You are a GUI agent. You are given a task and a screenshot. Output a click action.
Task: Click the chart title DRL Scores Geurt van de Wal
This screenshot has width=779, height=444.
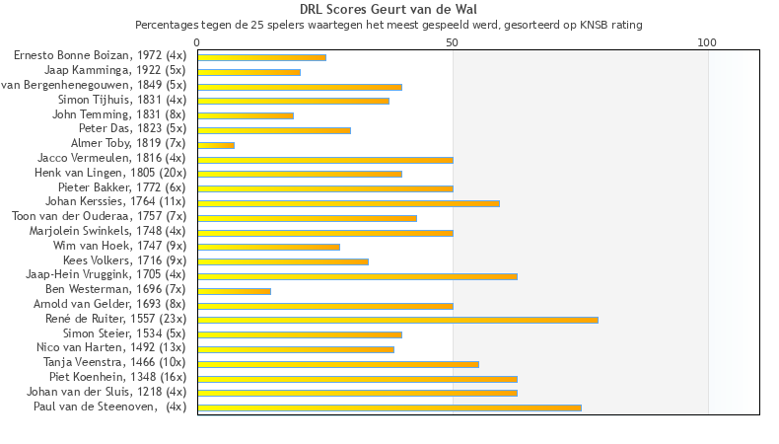click(x=389, y=10)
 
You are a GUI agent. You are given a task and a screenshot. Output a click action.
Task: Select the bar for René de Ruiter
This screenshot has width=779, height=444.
click(x=397, y=320)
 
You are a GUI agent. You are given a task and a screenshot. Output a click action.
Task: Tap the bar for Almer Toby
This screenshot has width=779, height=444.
click(x=216, y=145)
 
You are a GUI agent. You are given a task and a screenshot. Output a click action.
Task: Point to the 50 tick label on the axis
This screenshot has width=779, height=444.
click(x=453, y=43)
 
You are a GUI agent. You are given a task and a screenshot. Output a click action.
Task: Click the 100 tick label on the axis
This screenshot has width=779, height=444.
click(x=707, y=43)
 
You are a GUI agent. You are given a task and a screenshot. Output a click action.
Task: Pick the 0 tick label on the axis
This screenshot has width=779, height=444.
click(x=197, y=43)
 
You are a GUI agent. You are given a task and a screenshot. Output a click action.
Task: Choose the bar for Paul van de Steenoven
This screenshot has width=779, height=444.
click(x=389, y=407)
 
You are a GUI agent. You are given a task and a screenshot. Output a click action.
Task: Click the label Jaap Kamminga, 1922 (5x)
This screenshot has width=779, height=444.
click(x=115, y=71)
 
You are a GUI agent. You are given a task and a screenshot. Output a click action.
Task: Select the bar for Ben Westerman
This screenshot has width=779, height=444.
click(x=234, y=291)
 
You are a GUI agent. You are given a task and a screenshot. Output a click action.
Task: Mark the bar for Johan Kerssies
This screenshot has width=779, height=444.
click(x=348, y=203)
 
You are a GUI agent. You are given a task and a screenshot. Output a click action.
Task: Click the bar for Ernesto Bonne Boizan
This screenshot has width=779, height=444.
click(x=261, y=57)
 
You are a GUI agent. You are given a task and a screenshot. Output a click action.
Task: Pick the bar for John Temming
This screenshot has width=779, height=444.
click(x=246, y=115)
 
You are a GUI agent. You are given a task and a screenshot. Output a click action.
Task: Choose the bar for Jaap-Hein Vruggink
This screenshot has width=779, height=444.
click(x=357, y=276)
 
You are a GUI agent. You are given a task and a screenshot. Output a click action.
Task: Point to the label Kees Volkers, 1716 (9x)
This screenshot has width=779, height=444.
click(x=124, y=261)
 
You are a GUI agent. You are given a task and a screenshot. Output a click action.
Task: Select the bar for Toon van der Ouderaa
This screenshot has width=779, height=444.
click(x=307, y=218)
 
